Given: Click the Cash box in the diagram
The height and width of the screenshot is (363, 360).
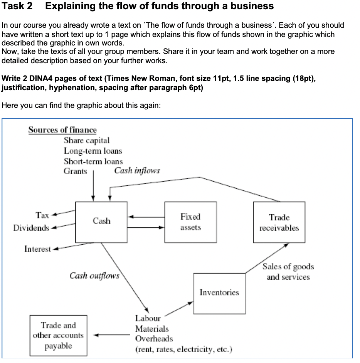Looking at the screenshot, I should [101, 221].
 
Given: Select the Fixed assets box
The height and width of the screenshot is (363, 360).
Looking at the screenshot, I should [190, 222].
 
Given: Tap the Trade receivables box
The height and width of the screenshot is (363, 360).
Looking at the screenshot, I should [279, 222].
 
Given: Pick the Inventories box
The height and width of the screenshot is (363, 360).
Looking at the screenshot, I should [219, 293].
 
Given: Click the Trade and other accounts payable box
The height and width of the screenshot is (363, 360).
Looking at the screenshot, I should [58, 335].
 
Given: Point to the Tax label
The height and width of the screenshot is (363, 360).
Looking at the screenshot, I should [42, 215].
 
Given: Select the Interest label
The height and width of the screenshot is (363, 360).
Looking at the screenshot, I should [37, 249].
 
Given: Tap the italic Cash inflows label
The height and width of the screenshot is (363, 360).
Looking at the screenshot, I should [137, 170].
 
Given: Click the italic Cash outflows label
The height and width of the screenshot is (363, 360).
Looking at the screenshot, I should [94, 276].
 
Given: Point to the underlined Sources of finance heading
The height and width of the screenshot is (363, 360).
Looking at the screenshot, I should [62, 130].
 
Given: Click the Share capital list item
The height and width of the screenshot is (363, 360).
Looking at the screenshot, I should [87, 140].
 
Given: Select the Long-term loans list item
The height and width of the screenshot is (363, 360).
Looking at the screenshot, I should [93, 151].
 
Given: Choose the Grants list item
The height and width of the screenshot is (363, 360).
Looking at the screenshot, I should [75, 171].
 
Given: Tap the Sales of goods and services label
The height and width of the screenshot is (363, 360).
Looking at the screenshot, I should [288, 272].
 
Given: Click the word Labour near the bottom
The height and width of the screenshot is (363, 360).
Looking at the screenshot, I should [148, 318].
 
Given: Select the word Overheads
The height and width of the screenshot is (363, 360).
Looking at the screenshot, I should [154, 339].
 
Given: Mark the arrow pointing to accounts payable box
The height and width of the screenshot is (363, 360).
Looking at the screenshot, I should [112, 335].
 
